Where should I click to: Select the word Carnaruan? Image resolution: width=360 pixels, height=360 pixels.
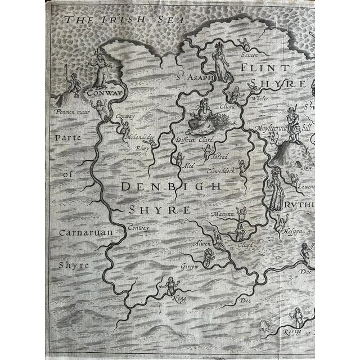pyautogui.click(x=75, y=232)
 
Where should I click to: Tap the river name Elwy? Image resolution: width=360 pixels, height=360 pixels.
pyautogui.click(x=142, y=148)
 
